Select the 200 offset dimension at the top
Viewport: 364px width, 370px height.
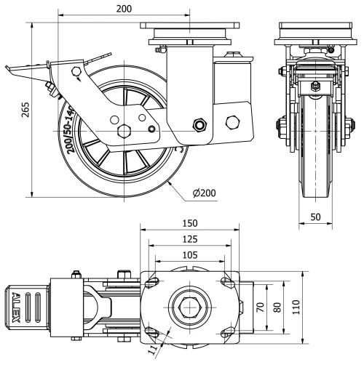click(x=124, y=8)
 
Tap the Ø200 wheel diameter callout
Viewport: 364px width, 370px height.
click(x=206, y=193)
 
